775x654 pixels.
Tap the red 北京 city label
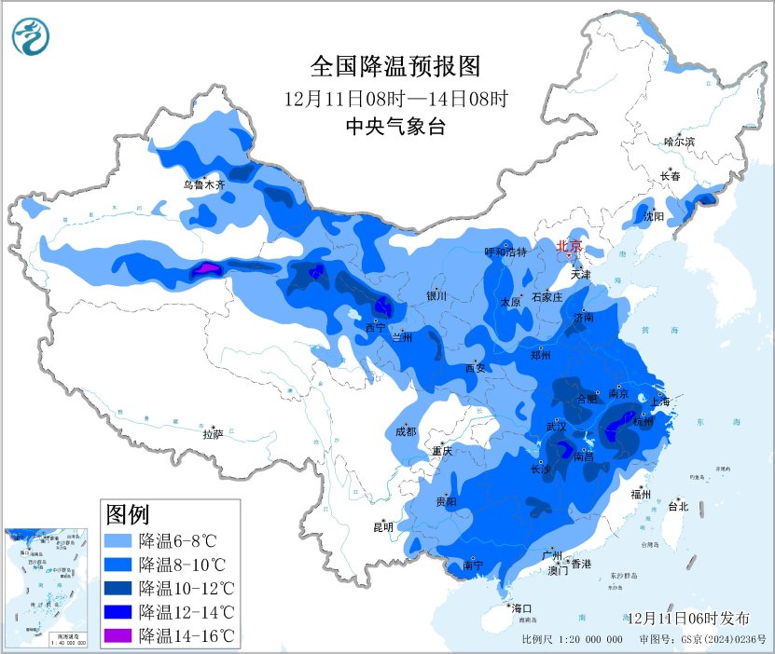(x=568, y=246)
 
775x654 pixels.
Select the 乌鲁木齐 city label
(x=203, y=184)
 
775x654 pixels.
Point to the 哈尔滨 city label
(x=679, y=142)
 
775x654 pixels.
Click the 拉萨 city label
(x=213, y=433)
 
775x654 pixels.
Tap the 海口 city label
(x=520, y=607)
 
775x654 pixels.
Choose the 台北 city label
(x=677, y=507)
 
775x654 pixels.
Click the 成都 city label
(x=406, y=431)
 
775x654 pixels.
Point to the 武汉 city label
(x=557, y=426)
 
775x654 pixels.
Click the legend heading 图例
(x=128, y=513)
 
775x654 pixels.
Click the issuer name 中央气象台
(x=394, y=128)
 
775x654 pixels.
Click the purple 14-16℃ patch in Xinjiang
(x=206, y=270)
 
